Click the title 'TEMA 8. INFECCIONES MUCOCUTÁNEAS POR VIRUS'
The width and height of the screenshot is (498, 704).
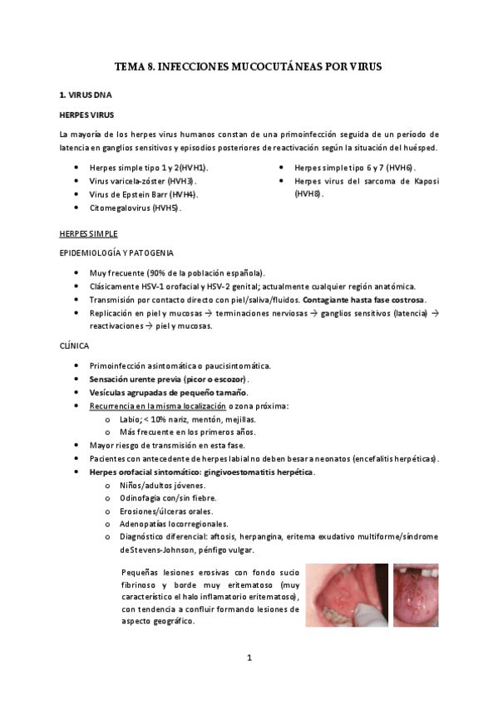248,66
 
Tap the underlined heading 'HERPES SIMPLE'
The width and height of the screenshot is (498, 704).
87,233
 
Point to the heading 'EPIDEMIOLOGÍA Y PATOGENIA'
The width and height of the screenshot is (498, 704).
116,252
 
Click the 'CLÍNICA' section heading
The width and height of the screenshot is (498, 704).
74,345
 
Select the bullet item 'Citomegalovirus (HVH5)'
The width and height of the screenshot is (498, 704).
136,208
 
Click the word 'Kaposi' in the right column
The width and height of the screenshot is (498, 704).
422,180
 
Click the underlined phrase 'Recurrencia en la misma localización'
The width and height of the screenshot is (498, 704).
158,405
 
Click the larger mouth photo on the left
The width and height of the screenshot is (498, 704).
344,596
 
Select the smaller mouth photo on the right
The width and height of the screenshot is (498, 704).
416,595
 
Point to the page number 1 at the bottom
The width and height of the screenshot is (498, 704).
249,658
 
